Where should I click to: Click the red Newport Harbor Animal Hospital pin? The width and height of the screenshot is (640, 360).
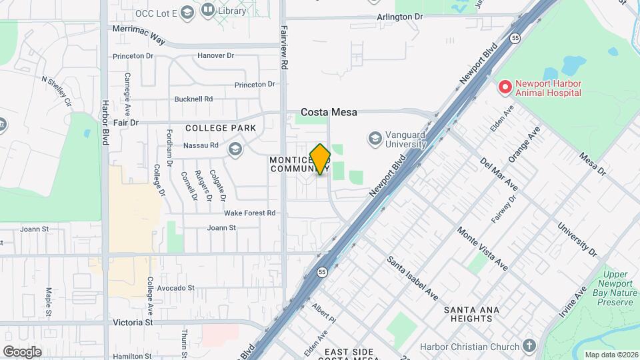[x=505, y=87]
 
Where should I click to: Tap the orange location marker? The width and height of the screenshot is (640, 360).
[x=321, y=159]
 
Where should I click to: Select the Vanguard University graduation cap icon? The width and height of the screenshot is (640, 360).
[x=375, y=138]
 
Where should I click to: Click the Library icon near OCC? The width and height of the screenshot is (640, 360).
[x=208, y=10]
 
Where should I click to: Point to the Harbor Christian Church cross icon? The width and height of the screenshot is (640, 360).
[x=529, y=345]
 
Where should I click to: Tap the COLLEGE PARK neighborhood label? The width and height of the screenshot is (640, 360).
[x=211, y=128]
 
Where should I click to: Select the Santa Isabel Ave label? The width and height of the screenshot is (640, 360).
[x=412, y=275]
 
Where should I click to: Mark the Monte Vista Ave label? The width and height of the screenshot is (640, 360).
[x=483, y=249]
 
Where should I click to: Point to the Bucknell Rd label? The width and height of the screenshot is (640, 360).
[x=193, y=99]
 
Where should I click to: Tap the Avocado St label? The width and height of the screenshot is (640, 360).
[x=175, y=289]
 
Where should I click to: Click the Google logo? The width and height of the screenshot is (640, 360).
[x=22, y=352]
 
